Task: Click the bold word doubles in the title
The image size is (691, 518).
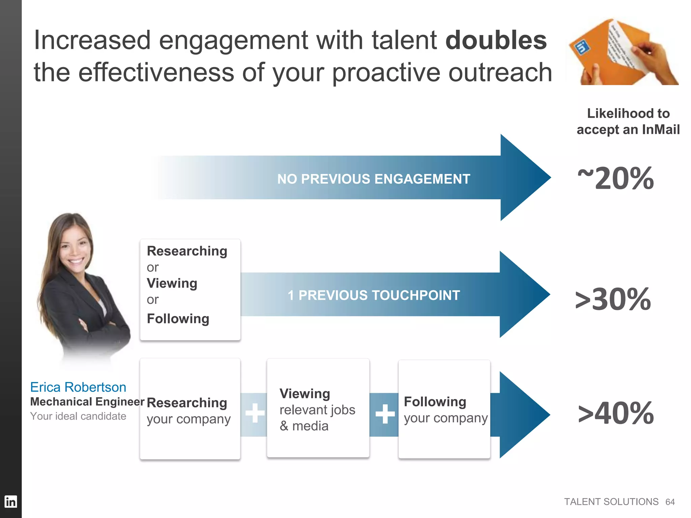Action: click(x=496, y=40)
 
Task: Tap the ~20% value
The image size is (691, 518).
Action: click(x=616, y=179)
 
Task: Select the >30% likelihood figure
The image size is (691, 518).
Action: click(x=613, y=299)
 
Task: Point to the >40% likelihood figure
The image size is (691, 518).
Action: click(x=616, y=413)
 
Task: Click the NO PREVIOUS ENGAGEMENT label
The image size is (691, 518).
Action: click(x=374, y=179)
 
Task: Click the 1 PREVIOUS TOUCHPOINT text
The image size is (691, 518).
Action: click(x=374, y=295)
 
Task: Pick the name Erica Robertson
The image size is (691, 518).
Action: click(x=78, y=387)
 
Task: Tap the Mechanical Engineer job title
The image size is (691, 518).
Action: click(x=87, y=402)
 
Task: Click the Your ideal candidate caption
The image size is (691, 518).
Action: click(x=78, y=416)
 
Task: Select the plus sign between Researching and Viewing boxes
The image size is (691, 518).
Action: click(x=255, y=413)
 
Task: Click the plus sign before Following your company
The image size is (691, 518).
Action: click(x=385, y=414)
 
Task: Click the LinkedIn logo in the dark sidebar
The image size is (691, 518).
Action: click(x=10, y=501)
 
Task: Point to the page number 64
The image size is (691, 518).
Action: click(x=670, y=502)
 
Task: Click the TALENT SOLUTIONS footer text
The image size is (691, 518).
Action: click(x=611, y=502)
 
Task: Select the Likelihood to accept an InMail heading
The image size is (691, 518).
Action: click(x=628, y=121)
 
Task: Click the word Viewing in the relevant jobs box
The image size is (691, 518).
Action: click(x=305, y=394)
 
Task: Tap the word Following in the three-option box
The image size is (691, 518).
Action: click(x=178, y=319)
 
